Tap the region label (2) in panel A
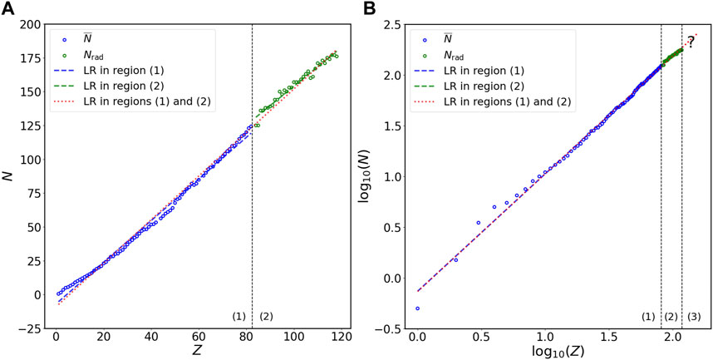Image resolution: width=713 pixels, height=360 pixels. point(266,316)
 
